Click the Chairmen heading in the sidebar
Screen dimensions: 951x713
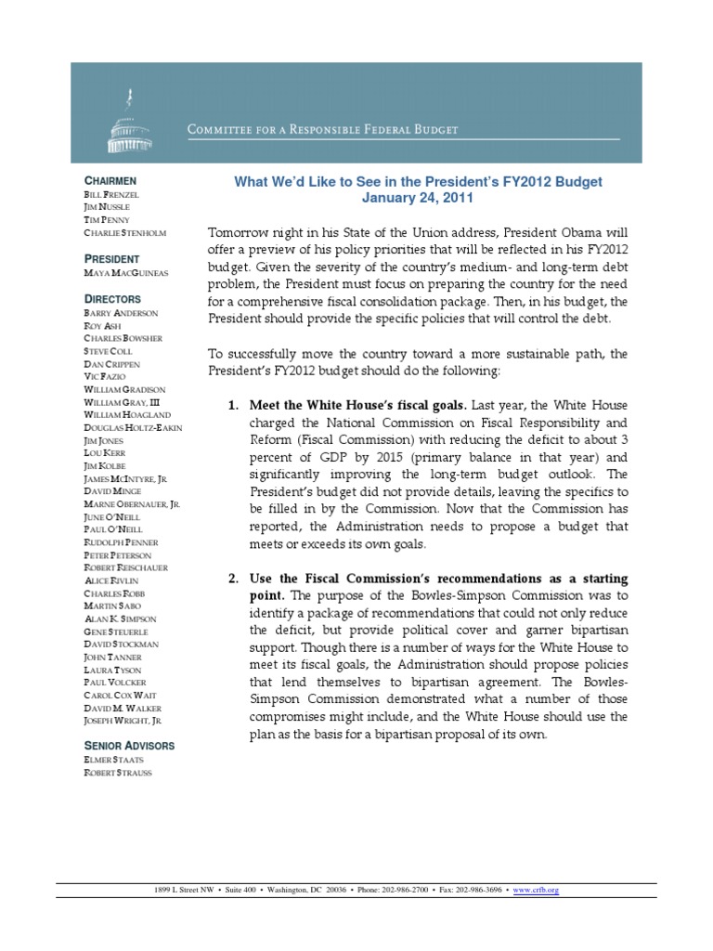(110, 179)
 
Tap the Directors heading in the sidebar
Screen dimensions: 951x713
(112, 299)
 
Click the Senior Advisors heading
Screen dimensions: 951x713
(129, 745)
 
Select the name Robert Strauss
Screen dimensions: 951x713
(118, 773)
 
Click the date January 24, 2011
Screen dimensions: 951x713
(417, 198)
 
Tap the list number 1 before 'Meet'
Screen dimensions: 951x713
(233, 406)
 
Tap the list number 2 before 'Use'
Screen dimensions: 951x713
(233, 580)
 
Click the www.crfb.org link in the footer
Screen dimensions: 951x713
(538, 889)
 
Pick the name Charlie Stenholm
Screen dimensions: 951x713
(125, 232)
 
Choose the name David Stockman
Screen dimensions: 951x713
(120, 644)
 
